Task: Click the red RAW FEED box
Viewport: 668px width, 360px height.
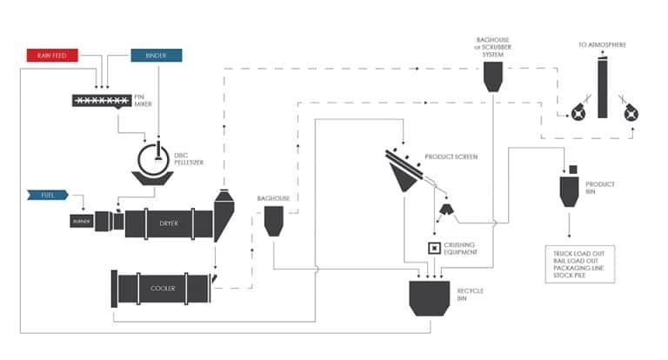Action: coord(51,56)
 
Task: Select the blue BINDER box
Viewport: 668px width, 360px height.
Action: coord(157,56)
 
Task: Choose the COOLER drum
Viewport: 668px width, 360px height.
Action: coord(162,288)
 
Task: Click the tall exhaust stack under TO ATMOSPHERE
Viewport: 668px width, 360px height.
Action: coord(603,91)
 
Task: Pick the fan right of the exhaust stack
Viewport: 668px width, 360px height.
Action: coord(631,112)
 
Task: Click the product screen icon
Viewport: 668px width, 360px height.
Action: coord(404,170)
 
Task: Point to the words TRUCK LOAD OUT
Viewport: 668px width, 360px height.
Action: coord(578,251)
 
